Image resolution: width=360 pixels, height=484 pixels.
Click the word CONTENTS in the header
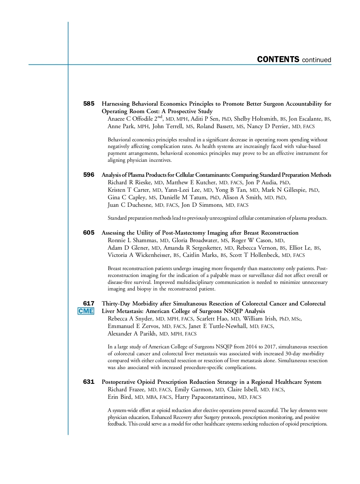(x=278, y=59)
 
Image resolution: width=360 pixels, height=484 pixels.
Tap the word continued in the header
(x=316, y=60)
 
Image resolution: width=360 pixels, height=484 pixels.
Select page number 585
(x=88, y=104)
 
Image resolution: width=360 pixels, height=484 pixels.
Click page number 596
(x=88, y=175)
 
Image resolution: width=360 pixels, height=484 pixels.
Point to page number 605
(x=88, y=233)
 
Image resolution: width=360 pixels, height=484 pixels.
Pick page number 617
(x=88, y=304)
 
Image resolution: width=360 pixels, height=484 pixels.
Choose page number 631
(x=88, y=382)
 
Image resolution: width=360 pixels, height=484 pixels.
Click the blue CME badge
(x=86, y=311)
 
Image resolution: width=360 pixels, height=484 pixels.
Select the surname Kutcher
(x=205, y=182)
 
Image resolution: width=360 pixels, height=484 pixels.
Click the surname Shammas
(x=145, y=240)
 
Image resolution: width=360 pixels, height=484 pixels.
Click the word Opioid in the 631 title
(x=146, y=382)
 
